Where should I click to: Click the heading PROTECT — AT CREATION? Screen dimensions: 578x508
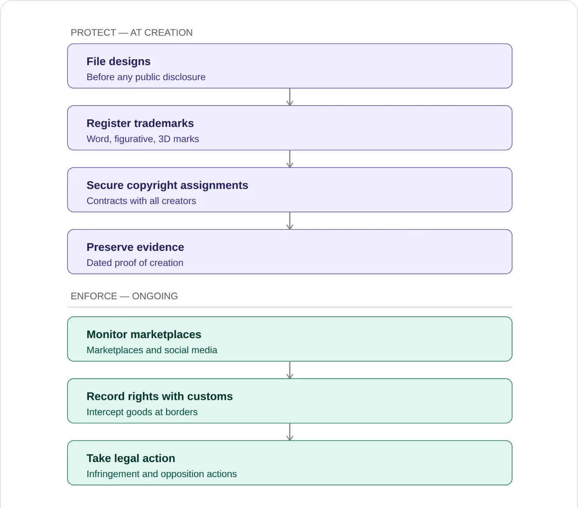pyautogui.click(x=131, y=33)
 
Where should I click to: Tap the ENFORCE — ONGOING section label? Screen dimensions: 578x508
pyautogui.click(x=124, y=296)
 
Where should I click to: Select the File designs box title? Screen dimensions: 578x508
pyautogui.click(x=119, y=61)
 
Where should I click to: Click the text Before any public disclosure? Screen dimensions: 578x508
pyautogui.click(x=146, y=77)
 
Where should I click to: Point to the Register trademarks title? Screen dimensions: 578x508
pyautogui.click(x=140, y=123)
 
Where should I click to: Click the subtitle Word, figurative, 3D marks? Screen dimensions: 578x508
pyautogui.click(x=143, y=139)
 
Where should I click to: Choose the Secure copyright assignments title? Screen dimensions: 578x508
pyautogui.click(x=167, y=185)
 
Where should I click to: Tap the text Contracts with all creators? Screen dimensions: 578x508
pyautogui.click(x=141, y=201)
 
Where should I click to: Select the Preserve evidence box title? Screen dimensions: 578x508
pyautogui.click(x=135, y=247)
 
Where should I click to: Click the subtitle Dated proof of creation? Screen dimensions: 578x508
pyautogui.click(x=135, y=263)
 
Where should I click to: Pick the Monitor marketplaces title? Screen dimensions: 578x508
pyautogui.click(x=144, y=334)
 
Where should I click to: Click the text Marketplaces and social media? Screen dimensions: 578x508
pyautogui.click(x=152, y=350)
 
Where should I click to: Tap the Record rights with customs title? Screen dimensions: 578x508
pyautogui.click(x=159, y=397)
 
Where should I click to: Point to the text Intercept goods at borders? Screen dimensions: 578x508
pyautogui.click(x=142, y=412)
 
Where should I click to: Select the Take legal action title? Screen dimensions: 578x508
pyautogui.click(x=131, y=458)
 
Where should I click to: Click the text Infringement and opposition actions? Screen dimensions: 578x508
pyautogui.click(x=162, y=474)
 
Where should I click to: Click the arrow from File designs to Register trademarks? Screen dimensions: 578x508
pyautogui.click(x=290, y=97)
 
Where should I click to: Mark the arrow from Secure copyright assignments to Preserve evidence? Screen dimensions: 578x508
pyautogui.click(x=290, y=221)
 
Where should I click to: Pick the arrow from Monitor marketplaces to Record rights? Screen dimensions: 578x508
pyautogui.click(x=290, y=370)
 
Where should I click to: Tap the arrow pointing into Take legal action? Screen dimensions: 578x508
pyautogui.click(x=290, y=432)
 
